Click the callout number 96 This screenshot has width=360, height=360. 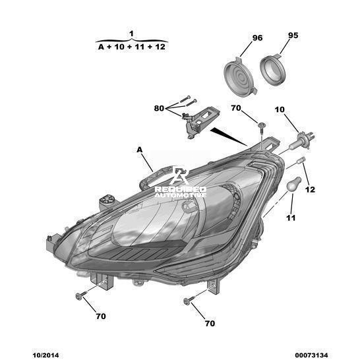257,38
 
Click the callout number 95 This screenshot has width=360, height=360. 293,36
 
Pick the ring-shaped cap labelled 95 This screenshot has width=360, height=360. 272,70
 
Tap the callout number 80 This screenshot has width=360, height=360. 159,108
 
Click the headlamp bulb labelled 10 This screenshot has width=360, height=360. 301,140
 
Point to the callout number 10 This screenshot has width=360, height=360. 280,109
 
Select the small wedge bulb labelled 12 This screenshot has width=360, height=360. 301,160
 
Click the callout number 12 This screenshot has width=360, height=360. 310,190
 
